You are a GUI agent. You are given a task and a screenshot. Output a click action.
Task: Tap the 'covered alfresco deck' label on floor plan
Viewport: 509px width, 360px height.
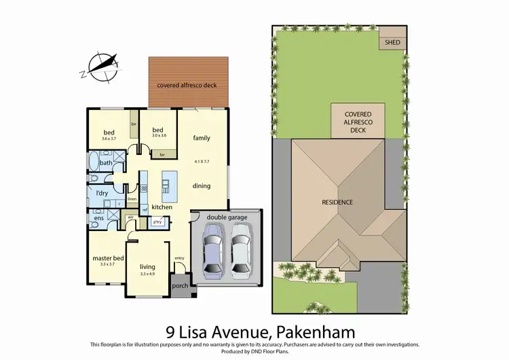(x=189, y=86)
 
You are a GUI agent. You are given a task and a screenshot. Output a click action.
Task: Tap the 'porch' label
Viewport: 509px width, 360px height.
(x=180, y=285)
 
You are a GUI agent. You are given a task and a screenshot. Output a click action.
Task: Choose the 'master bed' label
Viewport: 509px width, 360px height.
(x=108, y=258)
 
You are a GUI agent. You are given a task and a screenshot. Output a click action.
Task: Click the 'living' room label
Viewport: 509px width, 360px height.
(x=148, y=267)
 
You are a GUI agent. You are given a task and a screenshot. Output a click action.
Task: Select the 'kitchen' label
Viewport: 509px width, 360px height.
(x=162, y=206)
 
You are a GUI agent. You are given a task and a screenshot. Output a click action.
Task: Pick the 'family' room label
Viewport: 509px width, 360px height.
(x=202, y=138)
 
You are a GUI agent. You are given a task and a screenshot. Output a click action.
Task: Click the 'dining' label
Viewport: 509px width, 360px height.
(x=202, y=185)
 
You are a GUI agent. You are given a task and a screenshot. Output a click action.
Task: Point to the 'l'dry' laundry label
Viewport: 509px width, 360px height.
(x=102, y=194)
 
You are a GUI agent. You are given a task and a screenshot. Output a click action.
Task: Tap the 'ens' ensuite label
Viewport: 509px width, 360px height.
(x=99, y=218)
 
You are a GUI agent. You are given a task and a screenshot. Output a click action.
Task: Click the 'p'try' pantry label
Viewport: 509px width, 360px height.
(x=157, y=222)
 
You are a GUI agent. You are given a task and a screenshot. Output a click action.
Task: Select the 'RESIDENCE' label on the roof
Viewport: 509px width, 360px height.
(x=338, y=202)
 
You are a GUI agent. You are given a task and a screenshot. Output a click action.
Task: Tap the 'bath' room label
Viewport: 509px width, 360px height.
(x=106, y=163)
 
